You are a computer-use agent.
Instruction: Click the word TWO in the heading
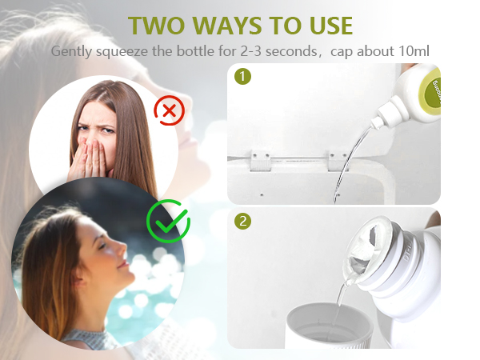tap(156, 26)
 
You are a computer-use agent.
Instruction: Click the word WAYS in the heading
tap(227, 26)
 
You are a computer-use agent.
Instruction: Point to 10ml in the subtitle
tap(414, 51)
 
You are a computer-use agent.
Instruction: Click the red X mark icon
tap(170, 110)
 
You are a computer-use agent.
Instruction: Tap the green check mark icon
tap(168, 221)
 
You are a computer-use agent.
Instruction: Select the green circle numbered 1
tap(242, 76)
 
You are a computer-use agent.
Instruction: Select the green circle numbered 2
tap(242, 221)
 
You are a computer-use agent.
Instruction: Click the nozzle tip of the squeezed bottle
tap(374, 126)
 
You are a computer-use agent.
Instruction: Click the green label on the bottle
tap(431, 90)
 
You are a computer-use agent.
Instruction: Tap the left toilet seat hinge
tap(261, 161)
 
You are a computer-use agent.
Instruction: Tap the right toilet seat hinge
tap(338, 161)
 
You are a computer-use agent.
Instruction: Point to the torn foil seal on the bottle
tap(367, 245)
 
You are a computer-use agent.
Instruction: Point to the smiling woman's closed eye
tap(102, 246)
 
